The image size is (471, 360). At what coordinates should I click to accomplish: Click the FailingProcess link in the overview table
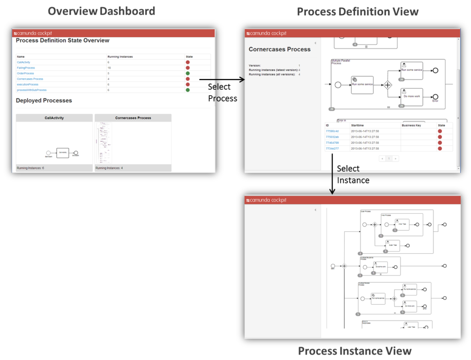pyautogui.click(x=26, y=68)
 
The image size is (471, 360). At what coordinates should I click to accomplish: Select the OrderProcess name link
pyautogui.click(x=25, y=73)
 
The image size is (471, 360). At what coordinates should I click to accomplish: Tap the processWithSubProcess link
pyautogui.click(x=31, y=90)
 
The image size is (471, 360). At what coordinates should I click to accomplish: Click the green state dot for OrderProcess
pyautogui.click(x=188, y=73)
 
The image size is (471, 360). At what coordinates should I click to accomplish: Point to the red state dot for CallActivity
pyautogui.click(x=188, y=62)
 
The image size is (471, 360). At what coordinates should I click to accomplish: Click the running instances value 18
pyautogui.click(x=109, y=68)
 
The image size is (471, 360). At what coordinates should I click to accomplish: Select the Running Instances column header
pyautogui.click(x=120, y=57)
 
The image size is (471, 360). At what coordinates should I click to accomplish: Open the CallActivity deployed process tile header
pyautogui.click(x=54, y=118)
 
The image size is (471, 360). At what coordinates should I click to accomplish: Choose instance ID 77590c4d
pyautogui.click(x=332, y=131)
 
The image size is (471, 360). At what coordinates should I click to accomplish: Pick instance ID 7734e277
pyautogui.click(x=332, y=149)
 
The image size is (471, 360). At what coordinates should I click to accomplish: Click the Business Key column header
pyautogui.click(x=411, y=125)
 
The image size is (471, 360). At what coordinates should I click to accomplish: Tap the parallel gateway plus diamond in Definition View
pyautogui.click(x=388, y=85)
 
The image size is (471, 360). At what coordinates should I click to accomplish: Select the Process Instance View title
pyautogui.click(x=355, y=351)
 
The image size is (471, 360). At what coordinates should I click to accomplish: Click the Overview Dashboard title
pyautogui.click(x=101, y=11)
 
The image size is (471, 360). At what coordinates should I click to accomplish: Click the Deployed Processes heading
pyautogui.click(x=44, y=100)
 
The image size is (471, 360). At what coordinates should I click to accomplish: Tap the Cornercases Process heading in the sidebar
pyautogui.click(x=280, y=49)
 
